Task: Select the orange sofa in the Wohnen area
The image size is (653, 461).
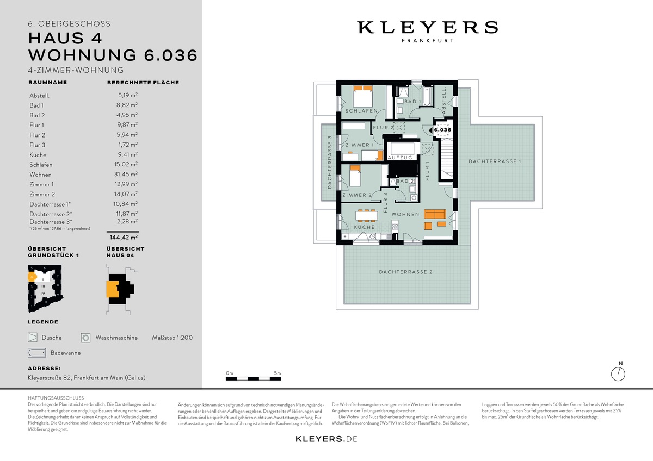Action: tap(435, 214)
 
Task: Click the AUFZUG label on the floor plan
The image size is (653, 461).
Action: tap(400, 157)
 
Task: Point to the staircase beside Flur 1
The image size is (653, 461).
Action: tap(446, 158)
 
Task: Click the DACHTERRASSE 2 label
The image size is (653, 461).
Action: tap(405, 271)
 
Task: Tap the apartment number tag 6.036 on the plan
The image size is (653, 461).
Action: tap(442, 130)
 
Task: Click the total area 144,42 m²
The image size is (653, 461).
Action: tap(123, 238)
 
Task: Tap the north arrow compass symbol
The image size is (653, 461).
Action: tap(619, 373)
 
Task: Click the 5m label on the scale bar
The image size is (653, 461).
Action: tap(277, 373)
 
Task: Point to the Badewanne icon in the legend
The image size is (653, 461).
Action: tap(36, 353)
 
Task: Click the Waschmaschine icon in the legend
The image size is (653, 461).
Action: tap(85, 338)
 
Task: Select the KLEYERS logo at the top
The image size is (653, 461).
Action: tap(427, 28)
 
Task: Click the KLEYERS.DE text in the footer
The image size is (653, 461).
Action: tap(326, 439)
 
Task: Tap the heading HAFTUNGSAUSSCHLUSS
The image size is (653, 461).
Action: tap(56, 398)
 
